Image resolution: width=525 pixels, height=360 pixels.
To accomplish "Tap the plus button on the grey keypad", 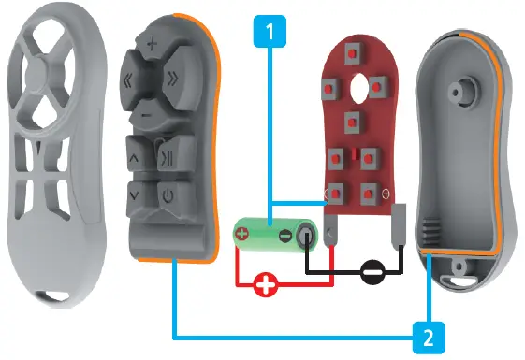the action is tap(152, 42).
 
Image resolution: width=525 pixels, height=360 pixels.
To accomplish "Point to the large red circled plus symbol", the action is tap(267, 285).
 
